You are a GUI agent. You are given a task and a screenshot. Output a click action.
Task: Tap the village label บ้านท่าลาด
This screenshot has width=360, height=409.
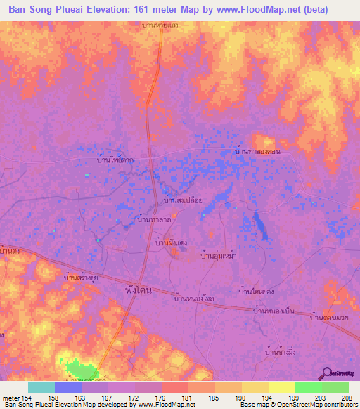pos(154,220)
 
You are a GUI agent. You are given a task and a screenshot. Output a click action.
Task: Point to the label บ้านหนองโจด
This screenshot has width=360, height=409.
pos(193,299)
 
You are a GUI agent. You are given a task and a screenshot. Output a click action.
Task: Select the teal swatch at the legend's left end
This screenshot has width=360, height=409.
pos(41,387)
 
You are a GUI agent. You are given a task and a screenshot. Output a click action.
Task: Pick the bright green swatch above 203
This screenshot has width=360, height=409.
pos(308,387)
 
